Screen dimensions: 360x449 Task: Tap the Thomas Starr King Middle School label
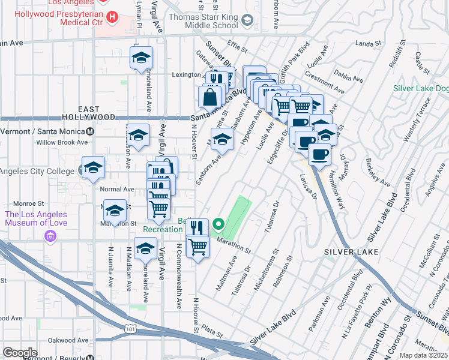(x=203, y=22)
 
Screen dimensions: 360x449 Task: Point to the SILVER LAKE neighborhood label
(x=352, y=252)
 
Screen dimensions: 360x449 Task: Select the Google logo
(x=20, y=353)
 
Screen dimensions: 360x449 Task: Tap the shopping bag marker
(x=211, y=96)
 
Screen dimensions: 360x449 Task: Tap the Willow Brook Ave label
(x=62, y=143)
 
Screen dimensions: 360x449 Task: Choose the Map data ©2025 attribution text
(x=423, y=355)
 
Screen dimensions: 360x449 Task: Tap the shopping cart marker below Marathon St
(x=198, y=246)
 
